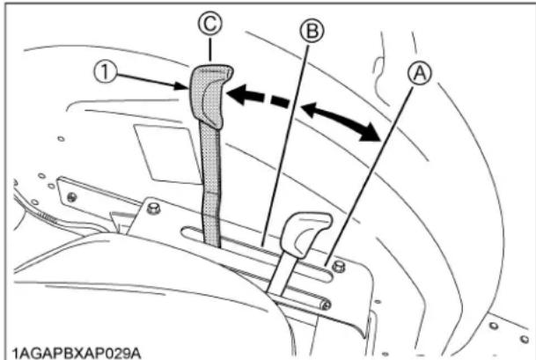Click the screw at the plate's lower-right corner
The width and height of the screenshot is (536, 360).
click(326, 304)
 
